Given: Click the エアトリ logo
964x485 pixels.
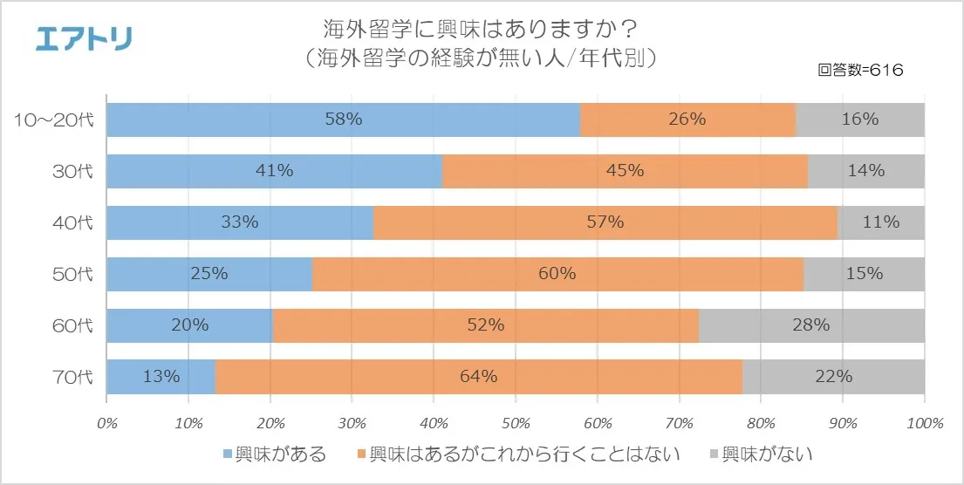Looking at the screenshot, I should (x=84, y=38).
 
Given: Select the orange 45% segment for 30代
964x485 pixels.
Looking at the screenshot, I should (x=625, y=171).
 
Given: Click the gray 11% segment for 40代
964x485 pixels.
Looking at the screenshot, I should (x=880, y=222).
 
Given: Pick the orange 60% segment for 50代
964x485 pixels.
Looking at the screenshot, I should (x=557, y=273).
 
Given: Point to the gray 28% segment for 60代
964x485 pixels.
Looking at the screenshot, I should (x=811, y=325).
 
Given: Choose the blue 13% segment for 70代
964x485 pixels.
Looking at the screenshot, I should (x=161, y=377).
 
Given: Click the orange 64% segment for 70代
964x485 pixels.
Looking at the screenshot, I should (x=478, y=377).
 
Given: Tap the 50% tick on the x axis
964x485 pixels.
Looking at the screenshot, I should (x=516, y=423).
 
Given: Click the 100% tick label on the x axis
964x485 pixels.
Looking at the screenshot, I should (x=925, y=423).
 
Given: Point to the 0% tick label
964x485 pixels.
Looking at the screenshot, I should (x=106, y=423).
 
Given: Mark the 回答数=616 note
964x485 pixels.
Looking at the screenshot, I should (x=860, y=70).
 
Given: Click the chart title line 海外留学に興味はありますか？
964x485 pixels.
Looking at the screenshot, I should (x=482, y=31).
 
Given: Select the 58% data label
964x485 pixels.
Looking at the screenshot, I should (x=344, y=120).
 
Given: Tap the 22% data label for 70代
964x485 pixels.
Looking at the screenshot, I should (x=833, y=377).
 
